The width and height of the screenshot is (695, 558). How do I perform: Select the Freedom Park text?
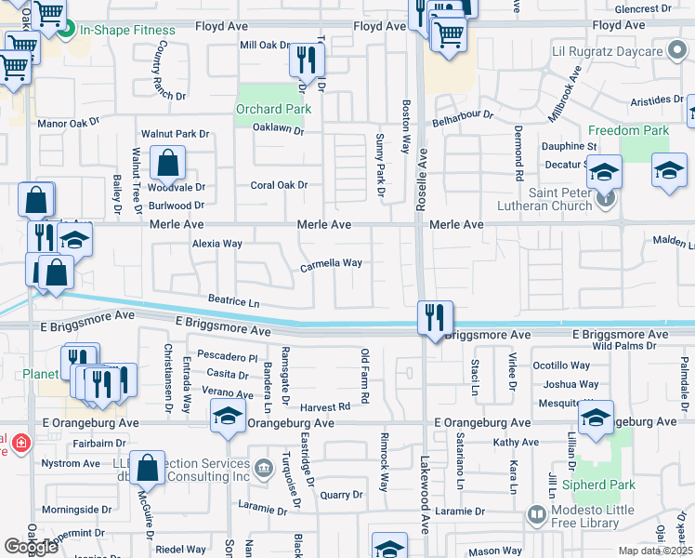point(628,131)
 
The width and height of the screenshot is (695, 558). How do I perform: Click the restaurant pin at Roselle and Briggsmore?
point(434,318)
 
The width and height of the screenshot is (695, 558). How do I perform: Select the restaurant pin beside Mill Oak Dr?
point(305,60)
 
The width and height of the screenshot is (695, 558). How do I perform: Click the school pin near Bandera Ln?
point(227,418)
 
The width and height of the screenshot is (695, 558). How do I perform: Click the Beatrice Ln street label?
point(233,301)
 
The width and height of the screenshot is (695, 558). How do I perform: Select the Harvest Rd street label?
point(324,406)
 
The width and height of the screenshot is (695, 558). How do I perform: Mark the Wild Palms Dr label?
point(623,346)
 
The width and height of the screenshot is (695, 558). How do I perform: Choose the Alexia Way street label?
point(216,244)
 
